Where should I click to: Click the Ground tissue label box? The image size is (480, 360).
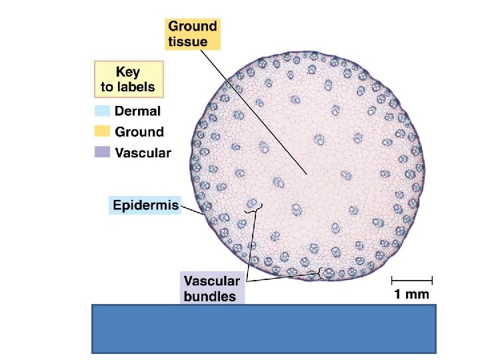pyautogui.click(x=192, y=33)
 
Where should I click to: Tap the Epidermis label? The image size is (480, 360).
pyautogui.click(x=145, y=205)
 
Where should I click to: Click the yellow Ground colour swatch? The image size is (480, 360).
pyautogui.click(x=102, y=132)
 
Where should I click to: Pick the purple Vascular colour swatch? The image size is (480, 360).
pyautogui.click(x=102, y=152)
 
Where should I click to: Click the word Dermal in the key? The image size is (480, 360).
pyautogui.click(x=138, y=112)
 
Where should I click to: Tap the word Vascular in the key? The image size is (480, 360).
pyautogui.click(x=143, y=153)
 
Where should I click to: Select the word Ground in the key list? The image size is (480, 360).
pyautogui.click(x=139, y=132)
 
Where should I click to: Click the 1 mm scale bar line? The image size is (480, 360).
pyautogui.click(x=412, y=280)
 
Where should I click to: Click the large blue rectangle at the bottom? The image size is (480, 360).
pyautogui.click(x=263, y=328)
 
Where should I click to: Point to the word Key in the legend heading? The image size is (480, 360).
pyautogui.click(x=128, y=71)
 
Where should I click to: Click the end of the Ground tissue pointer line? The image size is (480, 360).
pyautogui.click(x=307, y=175)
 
